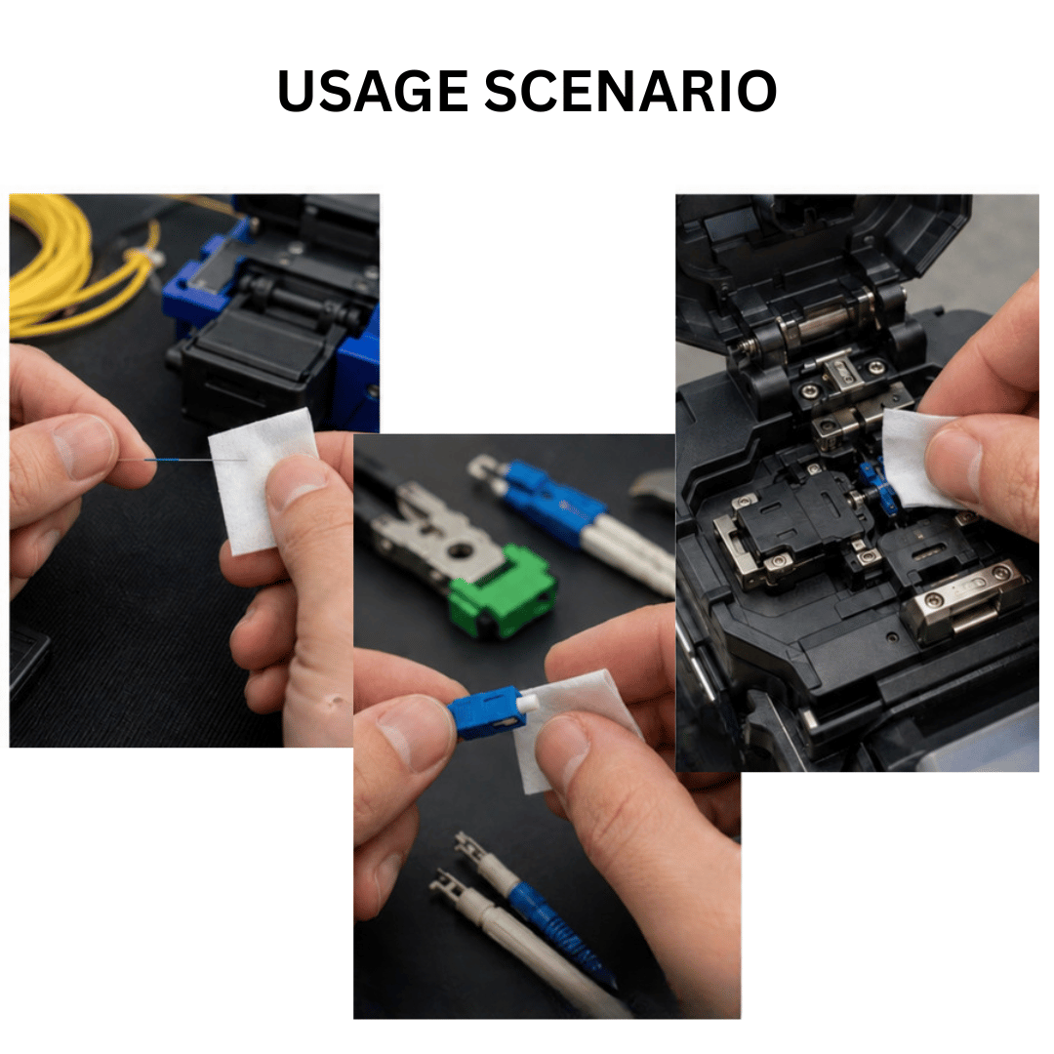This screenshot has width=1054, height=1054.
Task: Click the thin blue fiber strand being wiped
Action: click(182, 460)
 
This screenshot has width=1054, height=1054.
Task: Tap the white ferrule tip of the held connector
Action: click(531, 703)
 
